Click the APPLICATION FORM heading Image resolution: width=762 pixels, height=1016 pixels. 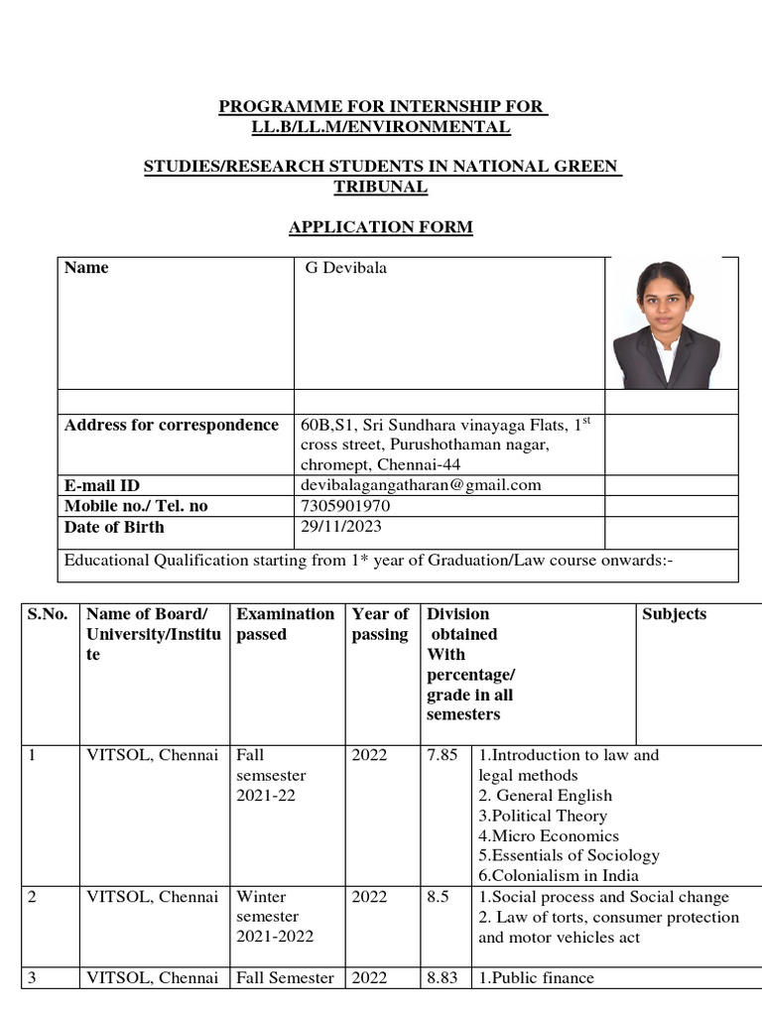point(380,227)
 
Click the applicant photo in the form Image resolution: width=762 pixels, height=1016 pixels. point(666,323)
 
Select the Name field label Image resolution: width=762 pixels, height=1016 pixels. point(86,268)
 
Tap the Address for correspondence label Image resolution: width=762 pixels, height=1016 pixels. point(171,426)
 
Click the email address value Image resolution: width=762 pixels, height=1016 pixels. point(421,485)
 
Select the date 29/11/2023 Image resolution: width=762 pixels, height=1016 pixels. point(340,527)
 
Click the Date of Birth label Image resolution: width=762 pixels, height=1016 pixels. point(114,527)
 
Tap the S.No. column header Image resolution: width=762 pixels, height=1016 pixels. point(48,614)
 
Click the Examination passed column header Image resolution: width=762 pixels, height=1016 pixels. point(285,624)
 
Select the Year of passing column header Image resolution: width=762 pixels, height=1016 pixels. point(380,624)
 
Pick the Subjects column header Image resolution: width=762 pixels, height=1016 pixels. point(675,614)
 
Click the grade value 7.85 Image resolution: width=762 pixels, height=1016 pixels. point(442,755)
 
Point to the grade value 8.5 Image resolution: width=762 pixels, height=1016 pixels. point(438,897)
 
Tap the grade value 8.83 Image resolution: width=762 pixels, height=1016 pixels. point(442,978)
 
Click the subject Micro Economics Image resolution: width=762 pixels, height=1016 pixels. point(549,835)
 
